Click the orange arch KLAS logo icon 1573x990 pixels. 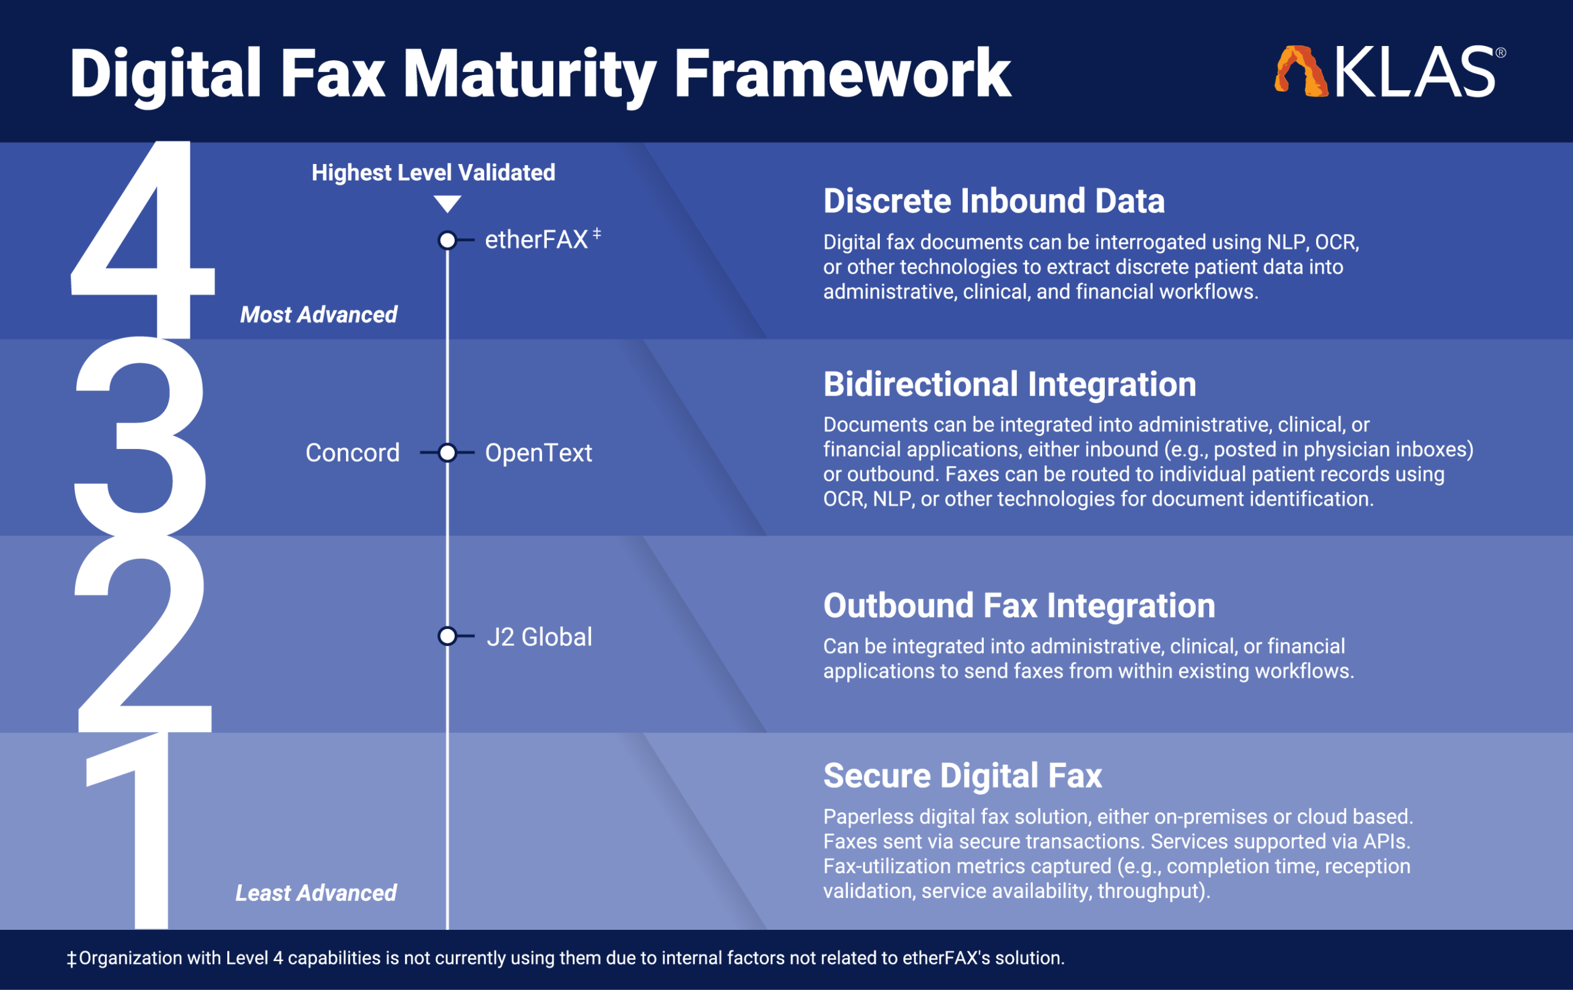(1301, 71)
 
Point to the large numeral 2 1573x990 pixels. (143, 633)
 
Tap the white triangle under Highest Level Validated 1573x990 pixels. (447, 204)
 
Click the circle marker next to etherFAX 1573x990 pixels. (447, 240)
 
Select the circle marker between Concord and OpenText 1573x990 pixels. (447, 453)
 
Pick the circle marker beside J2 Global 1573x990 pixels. (447, 636)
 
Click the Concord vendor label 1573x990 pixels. (353, 453)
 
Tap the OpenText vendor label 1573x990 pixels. (538, 453)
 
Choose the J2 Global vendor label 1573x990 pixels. (539, 637)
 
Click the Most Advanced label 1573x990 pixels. (319, 315)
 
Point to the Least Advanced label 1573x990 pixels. (316, 893)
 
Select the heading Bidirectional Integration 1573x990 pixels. (1010, 384)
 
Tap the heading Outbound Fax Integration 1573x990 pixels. (1019, 606)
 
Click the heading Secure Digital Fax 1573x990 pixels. (962, 776)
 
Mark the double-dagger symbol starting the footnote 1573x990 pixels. (72, 959)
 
